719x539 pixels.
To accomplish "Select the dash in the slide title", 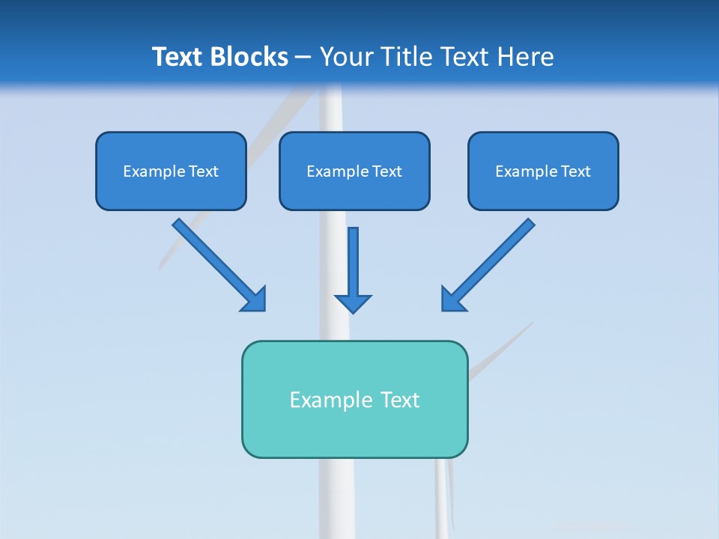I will pyautogui.click(x=303, y=58).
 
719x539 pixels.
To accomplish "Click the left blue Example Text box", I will pyautogui.click(x=171, y=171).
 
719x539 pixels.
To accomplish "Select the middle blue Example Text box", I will pyautogui.click(x=354, y=171).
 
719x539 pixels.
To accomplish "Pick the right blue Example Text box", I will pyautogui.click(x=543, y=171).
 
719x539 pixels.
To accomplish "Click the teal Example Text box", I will pyautogui.click(x=354, y=400).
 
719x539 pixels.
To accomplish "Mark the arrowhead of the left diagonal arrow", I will pyautogui.click(x=255, y=299).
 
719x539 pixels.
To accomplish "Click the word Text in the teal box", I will pyautogui.click(x=400, y=400).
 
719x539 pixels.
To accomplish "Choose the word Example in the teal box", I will pyautogui.click(x=331, y=400).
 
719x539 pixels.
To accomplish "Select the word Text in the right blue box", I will pyautogui.click(x=575, y=171).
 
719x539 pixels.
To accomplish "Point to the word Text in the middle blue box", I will pyautogui.click(x=386, y=171).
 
